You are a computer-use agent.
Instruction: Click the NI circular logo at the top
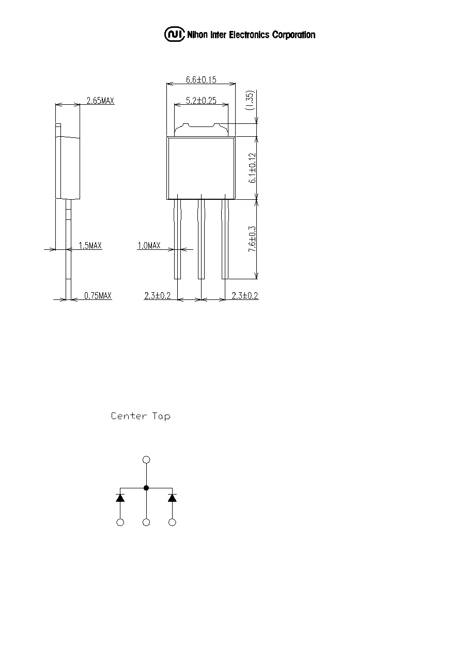[x=175, y=35]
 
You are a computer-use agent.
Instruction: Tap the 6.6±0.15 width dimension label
[x=201, y=79]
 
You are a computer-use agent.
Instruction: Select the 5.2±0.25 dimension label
[x=201, y=101]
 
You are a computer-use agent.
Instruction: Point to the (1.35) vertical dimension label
[x=250, y=100]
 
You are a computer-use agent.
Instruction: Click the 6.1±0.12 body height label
[x=252, y=168]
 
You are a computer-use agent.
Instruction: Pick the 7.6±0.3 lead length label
[x=252, y=239]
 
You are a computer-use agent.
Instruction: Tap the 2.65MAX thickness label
[x=100, y=101]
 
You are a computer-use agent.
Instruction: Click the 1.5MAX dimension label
[x=90, y=246]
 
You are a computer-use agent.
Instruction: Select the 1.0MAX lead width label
[x=149, y=246]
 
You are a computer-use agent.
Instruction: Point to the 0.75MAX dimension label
[x=98, y=296]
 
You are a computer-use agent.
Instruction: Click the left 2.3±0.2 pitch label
[x=157, y=296]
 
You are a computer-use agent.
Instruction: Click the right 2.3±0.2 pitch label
[x=245, y=296]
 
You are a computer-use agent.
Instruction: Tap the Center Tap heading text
[x=141, y=416]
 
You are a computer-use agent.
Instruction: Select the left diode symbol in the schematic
[x=120, y=498]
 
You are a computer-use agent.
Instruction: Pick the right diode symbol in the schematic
[x=172, y=498]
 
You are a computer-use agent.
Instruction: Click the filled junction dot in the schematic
[x=146, y=488]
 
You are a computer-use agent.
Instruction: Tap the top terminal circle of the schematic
[x=146, y=459]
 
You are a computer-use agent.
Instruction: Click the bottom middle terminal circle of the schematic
[x=146, y=522]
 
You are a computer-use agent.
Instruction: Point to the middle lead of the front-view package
[x=202, y=239]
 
